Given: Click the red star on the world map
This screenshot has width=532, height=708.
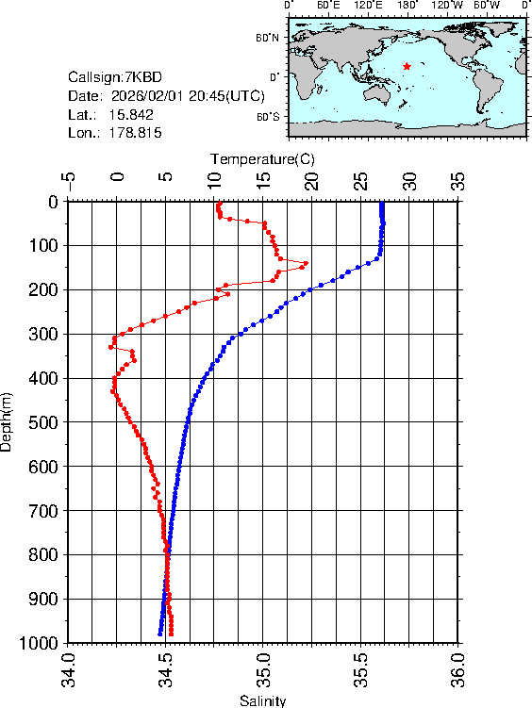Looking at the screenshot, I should click(x=407, y=66).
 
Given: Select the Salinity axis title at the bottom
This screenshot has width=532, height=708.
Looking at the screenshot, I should click(x=262, y=700).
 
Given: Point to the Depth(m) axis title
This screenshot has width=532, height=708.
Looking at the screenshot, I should click(x=8, y=421).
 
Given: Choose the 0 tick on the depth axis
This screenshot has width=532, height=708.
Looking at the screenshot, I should click(x=53, y=201).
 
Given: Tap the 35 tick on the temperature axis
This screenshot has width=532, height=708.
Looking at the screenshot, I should click(x=457, y=180).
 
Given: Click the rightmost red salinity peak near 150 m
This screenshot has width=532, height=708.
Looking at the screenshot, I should click(x=306, y=263).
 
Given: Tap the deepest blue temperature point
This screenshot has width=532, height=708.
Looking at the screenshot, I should click(x=159, y=634).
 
